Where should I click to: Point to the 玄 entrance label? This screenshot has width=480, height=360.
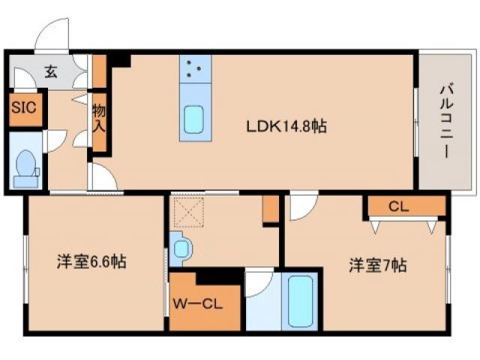pos(50,72)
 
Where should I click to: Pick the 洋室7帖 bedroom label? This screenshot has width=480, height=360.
pos(376,265)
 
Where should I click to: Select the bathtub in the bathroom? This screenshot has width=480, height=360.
pos(299,301)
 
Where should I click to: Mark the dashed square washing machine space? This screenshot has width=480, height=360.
pos(190,211)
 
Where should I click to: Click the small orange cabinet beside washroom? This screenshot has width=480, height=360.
pos(269,210)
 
